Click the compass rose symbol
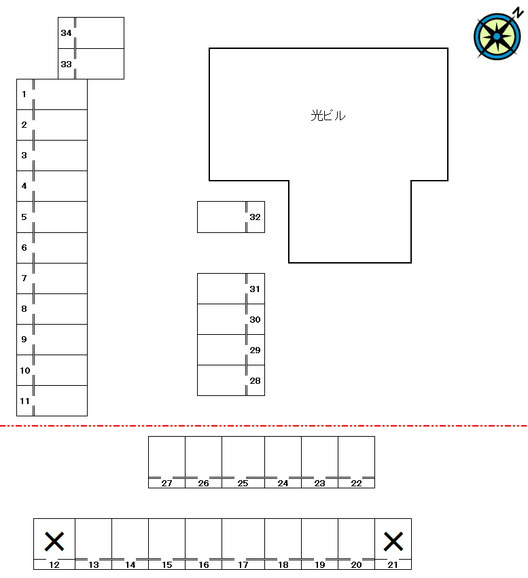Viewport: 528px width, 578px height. point(497,37)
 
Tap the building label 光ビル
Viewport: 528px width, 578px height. point(328,115)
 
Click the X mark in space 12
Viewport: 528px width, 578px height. point(54,541)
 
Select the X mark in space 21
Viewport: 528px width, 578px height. point(393,541)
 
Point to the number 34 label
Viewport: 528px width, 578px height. point(66,33)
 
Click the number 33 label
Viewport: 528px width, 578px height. point(66,64)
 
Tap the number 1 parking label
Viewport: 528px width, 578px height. point(24,94)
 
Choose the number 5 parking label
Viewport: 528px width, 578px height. point(24,217)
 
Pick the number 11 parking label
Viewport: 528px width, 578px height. point(24,401)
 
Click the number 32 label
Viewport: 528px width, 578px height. point(255,217)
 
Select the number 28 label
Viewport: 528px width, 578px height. point(255,381)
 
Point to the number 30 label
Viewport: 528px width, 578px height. point(255,320)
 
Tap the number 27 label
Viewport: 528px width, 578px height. point(166,484)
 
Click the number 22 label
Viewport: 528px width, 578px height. point(356,484)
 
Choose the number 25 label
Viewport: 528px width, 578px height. point(243,484)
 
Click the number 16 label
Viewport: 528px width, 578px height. point(204,564)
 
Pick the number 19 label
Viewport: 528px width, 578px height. point(319,564)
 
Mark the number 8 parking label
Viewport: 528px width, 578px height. point(24,308)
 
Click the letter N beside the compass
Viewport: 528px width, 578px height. point(518,12)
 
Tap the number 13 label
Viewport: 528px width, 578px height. point(94,564)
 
